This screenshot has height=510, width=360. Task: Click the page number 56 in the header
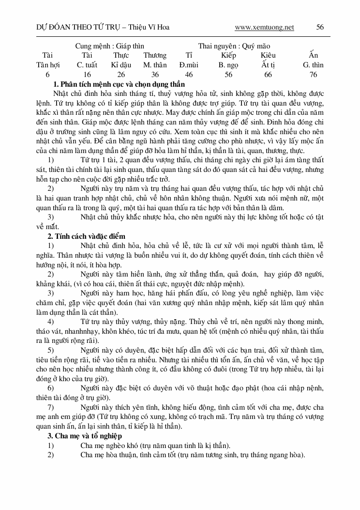point(320,27)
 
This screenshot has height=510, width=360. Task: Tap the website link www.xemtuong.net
point(264,27)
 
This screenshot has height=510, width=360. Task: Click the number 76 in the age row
point(313,74)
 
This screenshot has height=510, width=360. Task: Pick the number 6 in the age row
point(47,74)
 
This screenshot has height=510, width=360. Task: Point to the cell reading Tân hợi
point(47,64)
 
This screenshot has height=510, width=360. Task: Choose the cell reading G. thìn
point(313,64)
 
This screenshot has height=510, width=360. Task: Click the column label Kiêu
point(268,55)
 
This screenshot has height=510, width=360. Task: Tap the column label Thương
point(155,55)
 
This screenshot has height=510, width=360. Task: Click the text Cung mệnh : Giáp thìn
point(109,46)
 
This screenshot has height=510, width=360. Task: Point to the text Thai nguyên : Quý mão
point(234,46)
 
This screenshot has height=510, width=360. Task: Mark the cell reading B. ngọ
point(228,64)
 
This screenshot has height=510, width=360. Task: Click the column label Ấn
point(313,55)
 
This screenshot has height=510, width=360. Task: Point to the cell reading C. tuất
point(87,64)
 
